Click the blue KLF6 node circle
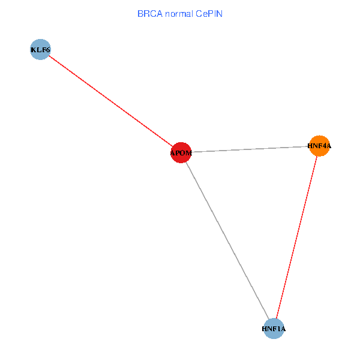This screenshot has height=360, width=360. pyautogui.click(x=40, y=49)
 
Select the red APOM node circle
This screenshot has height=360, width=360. pyautogui.click(x=181, y=152)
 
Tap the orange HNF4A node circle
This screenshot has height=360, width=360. pyautogui.click(x=320, y=146)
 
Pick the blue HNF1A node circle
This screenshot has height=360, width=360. pyautogui.click(x=274, y=329)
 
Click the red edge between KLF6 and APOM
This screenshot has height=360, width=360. pyautogui.click(x=110, y=101)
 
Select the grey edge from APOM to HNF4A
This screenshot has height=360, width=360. pyautogui.click(x=250, y=149)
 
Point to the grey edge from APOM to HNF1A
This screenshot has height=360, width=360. pyautogui.click(x=227, y=241)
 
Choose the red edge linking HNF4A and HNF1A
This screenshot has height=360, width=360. pyautogui.click(x=296, y=237)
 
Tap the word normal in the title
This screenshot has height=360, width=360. pyautogui.click(x=179, y=14)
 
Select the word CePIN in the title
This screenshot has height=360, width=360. pyautogui.click(x=209, y=14)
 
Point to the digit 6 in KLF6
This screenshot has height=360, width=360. pyautogui.click(x=48, y=50)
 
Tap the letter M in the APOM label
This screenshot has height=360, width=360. pyautogui.click(x=188, y=153)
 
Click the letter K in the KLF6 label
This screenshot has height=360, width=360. pyautogui.click(x=34, y=50)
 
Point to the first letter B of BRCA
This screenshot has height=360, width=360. pyautogui.click(x=140, y=14)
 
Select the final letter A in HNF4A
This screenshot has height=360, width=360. pyautogui.click(x=329, y=146)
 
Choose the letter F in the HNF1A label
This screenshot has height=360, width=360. pyautogui.click(x=274, y=329)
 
